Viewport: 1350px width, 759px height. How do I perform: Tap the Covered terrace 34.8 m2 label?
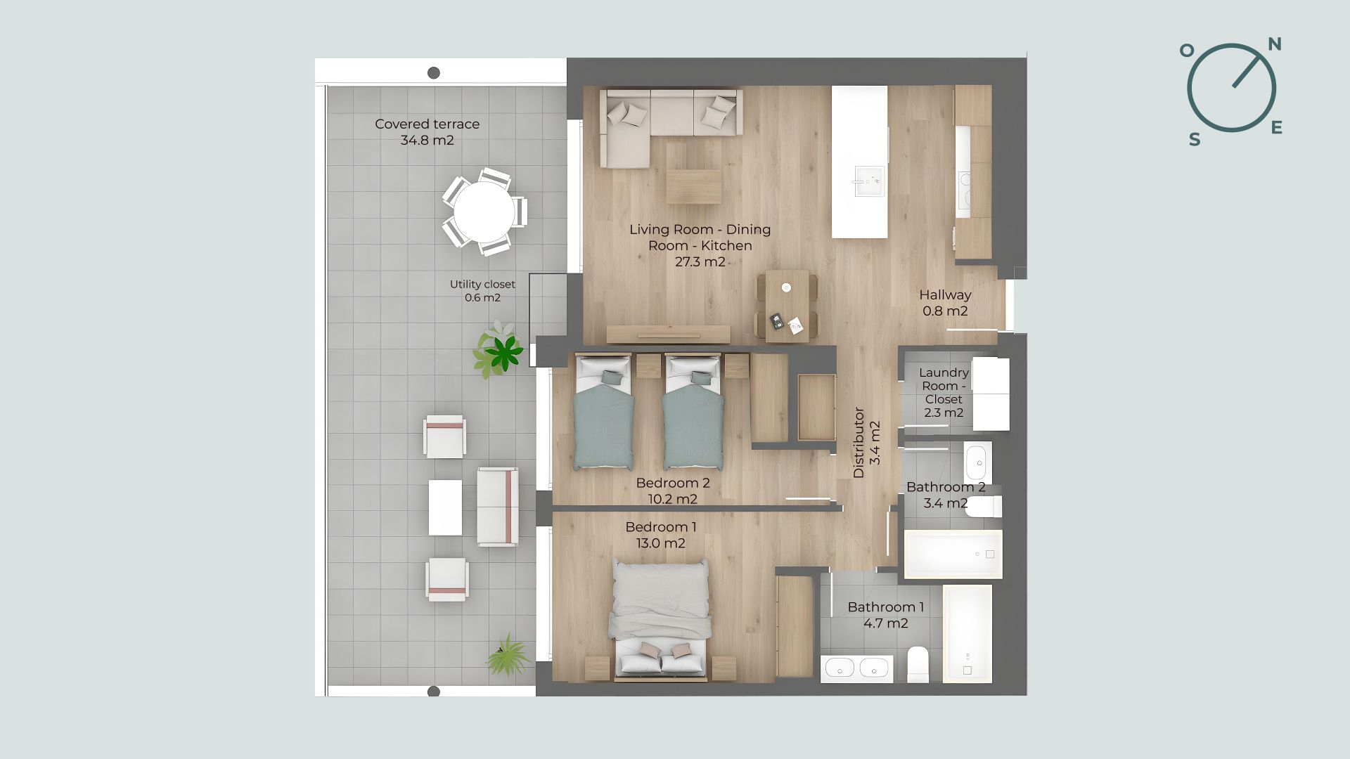click(427, 132)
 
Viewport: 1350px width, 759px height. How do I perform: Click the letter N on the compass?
click(1274, 45)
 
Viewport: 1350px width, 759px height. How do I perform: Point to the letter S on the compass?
click(1195, 140)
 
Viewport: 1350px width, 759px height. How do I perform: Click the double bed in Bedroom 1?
click(660, 620)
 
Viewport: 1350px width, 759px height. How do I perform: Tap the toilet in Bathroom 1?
click(918, 664)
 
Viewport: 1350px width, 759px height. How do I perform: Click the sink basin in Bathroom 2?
click(978, 462)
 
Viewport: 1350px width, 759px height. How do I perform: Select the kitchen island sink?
click(868, 181)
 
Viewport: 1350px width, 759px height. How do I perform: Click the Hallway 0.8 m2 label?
click(945, 303)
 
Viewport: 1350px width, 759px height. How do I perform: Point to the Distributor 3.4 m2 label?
click(866, 443)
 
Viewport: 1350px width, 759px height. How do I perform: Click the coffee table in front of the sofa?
click(694, 186)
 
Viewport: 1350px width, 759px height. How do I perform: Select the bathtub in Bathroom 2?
click(953, 554)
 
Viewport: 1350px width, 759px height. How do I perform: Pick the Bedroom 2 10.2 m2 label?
click(673, 491)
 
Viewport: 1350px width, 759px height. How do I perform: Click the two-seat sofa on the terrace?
click(498, 507)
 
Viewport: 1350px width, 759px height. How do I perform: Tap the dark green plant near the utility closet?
click(504, 351)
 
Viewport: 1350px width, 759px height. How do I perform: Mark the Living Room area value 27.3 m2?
click(700, 262)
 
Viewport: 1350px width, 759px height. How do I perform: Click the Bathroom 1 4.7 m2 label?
click(886, 615)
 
